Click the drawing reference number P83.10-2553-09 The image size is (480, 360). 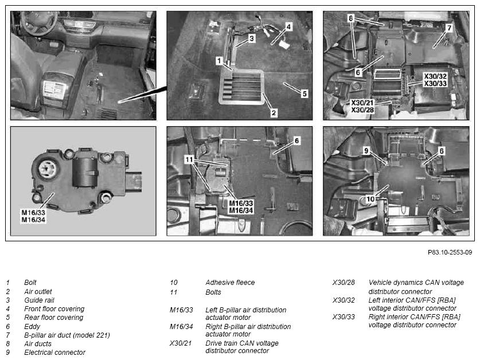[x=450, y=252]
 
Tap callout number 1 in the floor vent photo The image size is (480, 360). [x=218, y=61]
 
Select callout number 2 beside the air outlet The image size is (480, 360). [x=274, y=113]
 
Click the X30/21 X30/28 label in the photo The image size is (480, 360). [x=362, y=106]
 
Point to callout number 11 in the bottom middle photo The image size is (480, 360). [x=189, y=159]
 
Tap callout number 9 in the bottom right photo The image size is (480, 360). [x=366, y=151]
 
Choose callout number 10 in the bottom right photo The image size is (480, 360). [x=370, y=199]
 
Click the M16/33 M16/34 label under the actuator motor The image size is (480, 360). [x=33, y=216]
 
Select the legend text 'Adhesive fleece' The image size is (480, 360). [x=230, y=282]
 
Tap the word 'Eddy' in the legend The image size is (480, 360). [x=32, y=326]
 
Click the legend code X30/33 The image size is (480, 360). [x=344, y=316]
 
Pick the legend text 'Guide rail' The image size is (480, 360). [x=39, y=300]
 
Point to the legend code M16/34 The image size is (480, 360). [x=181, y=326]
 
